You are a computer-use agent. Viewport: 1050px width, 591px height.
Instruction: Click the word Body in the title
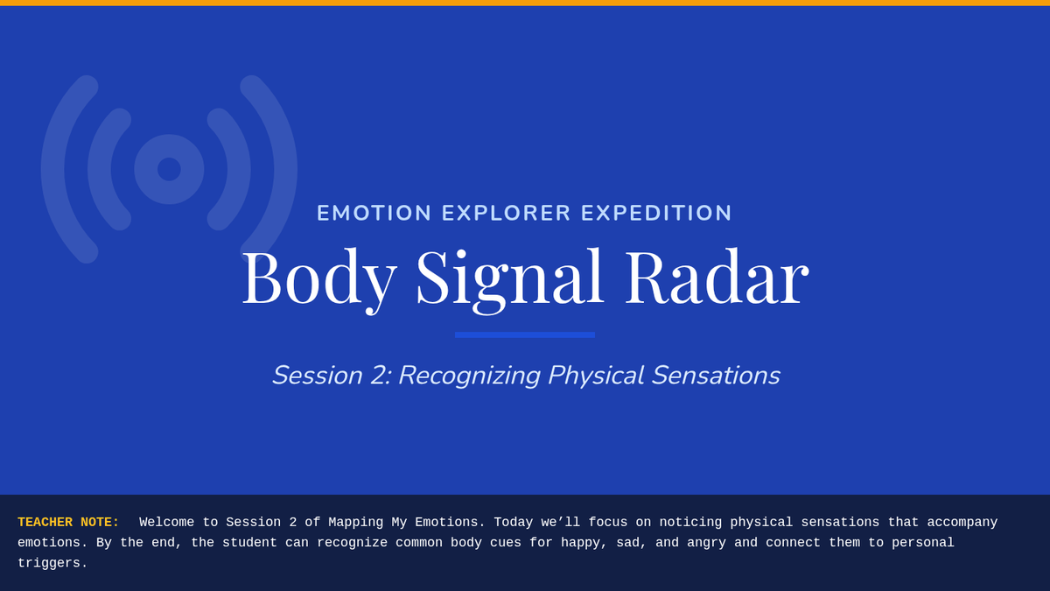click(x=319, y=280)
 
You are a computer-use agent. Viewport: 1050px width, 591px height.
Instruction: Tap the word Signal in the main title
click(x=509, y=280)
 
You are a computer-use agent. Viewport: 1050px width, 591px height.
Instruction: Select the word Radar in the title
click(x=717, y=277)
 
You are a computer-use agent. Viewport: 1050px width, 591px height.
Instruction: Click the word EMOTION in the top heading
click(x=374, y=213)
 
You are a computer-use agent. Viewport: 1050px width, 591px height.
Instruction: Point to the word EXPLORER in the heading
click(x=507, y=213)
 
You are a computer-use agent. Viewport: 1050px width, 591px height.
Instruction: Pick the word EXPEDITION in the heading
click(x=656, y=213)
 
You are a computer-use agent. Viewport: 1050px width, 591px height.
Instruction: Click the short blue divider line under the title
click(x=525, y=334)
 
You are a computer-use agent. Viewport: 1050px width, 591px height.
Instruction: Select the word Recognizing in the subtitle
click(x=469, y=376)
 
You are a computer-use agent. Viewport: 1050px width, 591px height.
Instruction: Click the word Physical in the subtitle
click(x=596, y=376)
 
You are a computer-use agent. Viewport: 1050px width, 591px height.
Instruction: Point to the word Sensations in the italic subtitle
click(x=716, y=376)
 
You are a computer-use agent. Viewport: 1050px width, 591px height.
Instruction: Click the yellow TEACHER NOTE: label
click(x=68, y=522)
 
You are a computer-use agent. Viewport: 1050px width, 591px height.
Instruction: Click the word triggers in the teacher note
click(x=52, y=563)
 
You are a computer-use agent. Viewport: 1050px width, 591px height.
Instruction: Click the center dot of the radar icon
click(x=169, y=169)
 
